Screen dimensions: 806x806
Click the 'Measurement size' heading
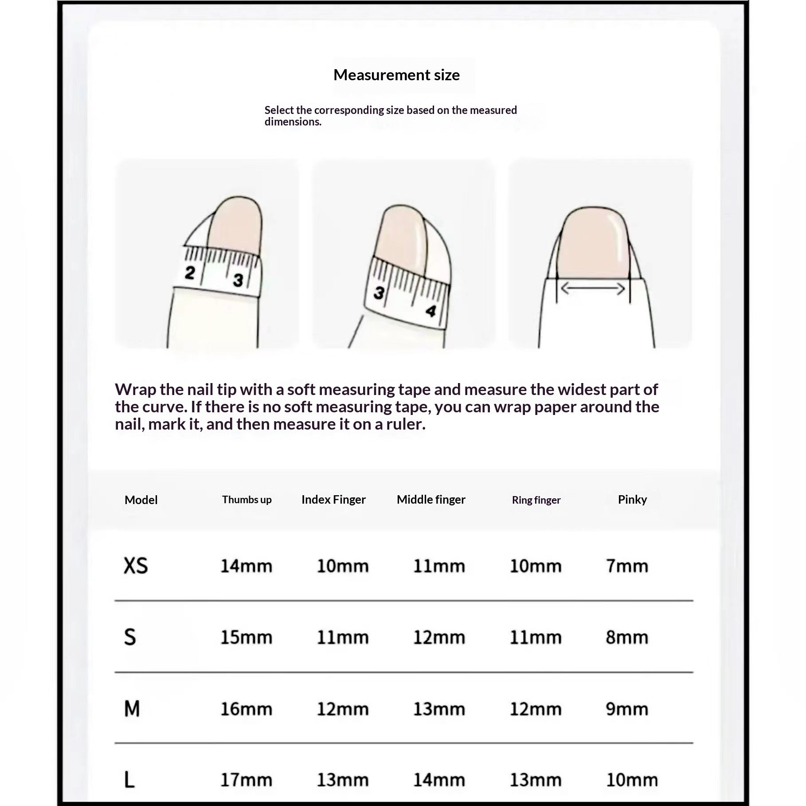[x=396, y=75]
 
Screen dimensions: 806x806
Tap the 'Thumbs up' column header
[x=246, y=500]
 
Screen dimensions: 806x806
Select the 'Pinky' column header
[x=632, y=500]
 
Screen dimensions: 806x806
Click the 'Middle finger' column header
[x=431, y=500]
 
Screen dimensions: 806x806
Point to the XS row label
[x=136, y=566]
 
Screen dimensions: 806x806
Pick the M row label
[x=132, y=708]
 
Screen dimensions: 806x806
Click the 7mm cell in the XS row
[x=627, y=566]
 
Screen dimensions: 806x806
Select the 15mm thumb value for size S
[x=246, y=638]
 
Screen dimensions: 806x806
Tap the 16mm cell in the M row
[x=246, y=709]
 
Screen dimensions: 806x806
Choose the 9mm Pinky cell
[x=627, y=709]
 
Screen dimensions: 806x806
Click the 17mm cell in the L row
[x=246, y=780]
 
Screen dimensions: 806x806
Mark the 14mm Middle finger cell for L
[x=439, y=780]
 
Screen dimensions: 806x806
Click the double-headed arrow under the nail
[x=593, y=289]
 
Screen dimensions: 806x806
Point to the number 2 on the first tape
[x=190, y=273]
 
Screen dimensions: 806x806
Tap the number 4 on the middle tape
[x=430, y=311]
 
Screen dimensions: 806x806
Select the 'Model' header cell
[x=141, y=500]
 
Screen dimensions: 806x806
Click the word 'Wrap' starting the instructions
[x=135, y=389]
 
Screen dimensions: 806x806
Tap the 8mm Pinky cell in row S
[x=627, y=638]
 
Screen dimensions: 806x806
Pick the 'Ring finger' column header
[x=536, y=500]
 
